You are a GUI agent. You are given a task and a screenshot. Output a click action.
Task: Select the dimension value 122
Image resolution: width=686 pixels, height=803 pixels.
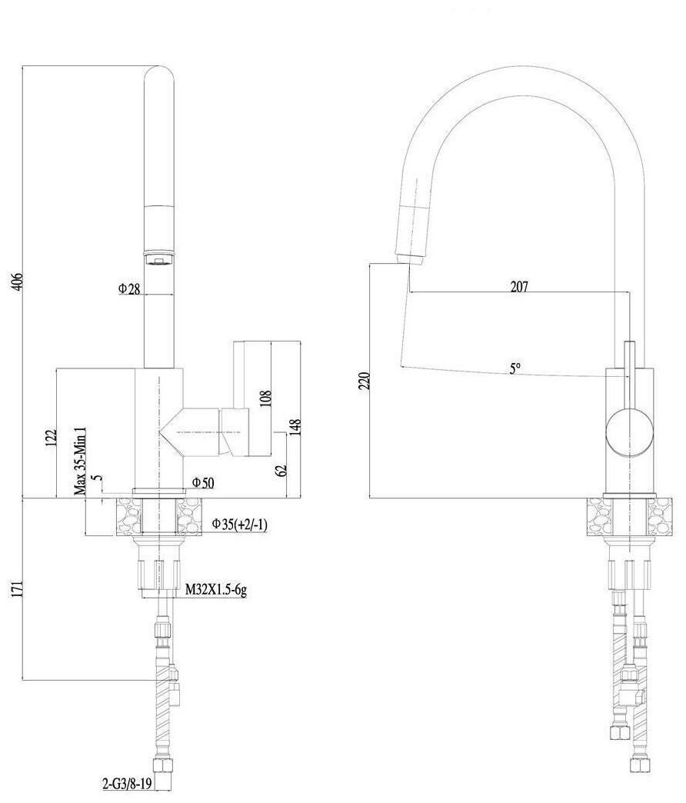coord(52,438)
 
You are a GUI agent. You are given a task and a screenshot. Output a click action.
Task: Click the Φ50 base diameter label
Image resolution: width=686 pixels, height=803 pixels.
coord(201,482)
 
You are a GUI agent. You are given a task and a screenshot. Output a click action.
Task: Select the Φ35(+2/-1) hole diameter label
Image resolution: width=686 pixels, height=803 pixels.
coord(239,525)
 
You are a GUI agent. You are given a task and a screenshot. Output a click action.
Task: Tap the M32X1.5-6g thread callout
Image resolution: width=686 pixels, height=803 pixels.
coord(215,591)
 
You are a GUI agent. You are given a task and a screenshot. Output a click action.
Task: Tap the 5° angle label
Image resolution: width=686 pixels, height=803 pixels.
coord(514,368)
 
